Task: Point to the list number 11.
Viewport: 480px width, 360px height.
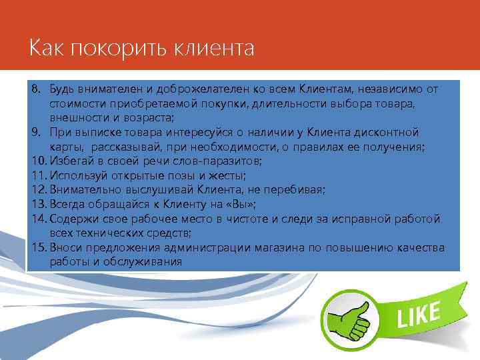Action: coord(37,175)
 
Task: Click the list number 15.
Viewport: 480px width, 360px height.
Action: coord(37,248)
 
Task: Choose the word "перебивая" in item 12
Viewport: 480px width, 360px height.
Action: coord(298,190)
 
